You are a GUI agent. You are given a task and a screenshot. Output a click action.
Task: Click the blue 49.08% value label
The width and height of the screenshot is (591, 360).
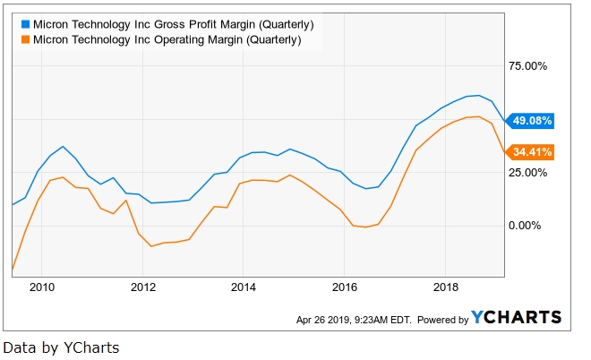point(532,120)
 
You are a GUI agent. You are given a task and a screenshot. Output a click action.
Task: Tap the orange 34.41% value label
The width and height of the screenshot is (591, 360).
point(532,151)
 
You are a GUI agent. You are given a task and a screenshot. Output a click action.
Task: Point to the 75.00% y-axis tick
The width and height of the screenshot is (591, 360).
point(527,66)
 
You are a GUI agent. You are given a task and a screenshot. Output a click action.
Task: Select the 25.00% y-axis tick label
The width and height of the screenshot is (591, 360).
point(527,172)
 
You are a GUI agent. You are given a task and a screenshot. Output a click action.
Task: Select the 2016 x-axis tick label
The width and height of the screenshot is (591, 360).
point(345,287)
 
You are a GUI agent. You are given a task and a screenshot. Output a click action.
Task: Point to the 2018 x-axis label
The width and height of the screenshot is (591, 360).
point(446,287)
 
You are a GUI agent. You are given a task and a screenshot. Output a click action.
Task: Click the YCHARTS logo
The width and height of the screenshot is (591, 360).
point(517,317)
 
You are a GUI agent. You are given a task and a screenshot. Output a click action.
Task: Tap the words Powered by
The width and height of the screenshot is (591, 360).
point(442,320)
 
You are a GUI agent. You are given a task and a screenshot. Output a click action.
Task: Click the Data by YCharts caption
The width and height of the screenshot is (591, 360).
point(61,347)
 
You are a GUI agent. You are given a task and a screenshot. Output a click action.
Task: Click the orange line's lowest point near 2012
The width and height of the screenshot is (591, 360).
point(153,246)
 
